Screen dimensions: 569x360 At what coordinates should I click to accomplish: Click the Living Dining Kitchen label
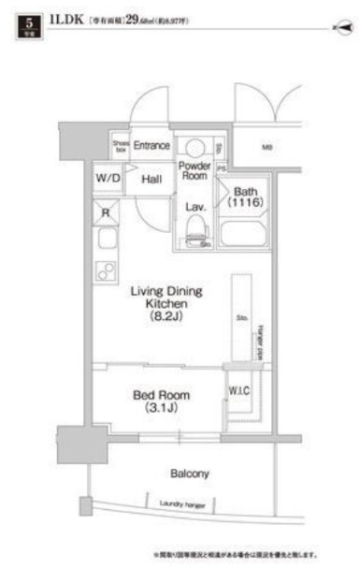point(166,304)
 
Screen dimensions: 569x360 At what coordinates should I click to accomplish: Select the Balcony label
point(190,474)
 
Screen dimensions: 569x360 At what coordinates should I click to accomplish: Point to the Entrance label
point(151,146)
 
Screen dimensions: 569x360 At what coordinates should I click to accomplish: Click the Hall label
point(152,177)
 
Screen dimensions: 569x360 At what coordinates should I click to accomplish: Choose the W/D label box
point(108,177)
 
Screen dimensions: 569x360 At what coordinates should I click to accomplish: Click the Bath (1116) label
point(246,197)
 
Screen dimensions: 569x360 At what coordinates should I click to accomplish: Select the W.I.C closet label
point(238,390)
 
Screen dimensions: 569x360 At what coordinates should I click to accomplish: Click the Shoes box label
point(120,145)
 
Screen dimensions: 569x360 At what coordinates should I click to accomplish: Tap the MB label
point(266,147)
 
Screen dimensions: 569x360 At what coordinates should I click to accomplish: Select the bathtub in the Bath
point(243,234)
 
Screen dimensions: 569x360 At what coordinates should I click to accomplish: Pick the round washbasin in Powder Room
point(194,148)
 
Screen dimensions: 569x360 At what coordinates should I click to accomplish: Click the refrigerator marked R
point(106,212)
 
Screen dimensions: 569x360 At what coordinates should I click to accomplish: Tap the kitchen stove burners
point(106,271)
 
